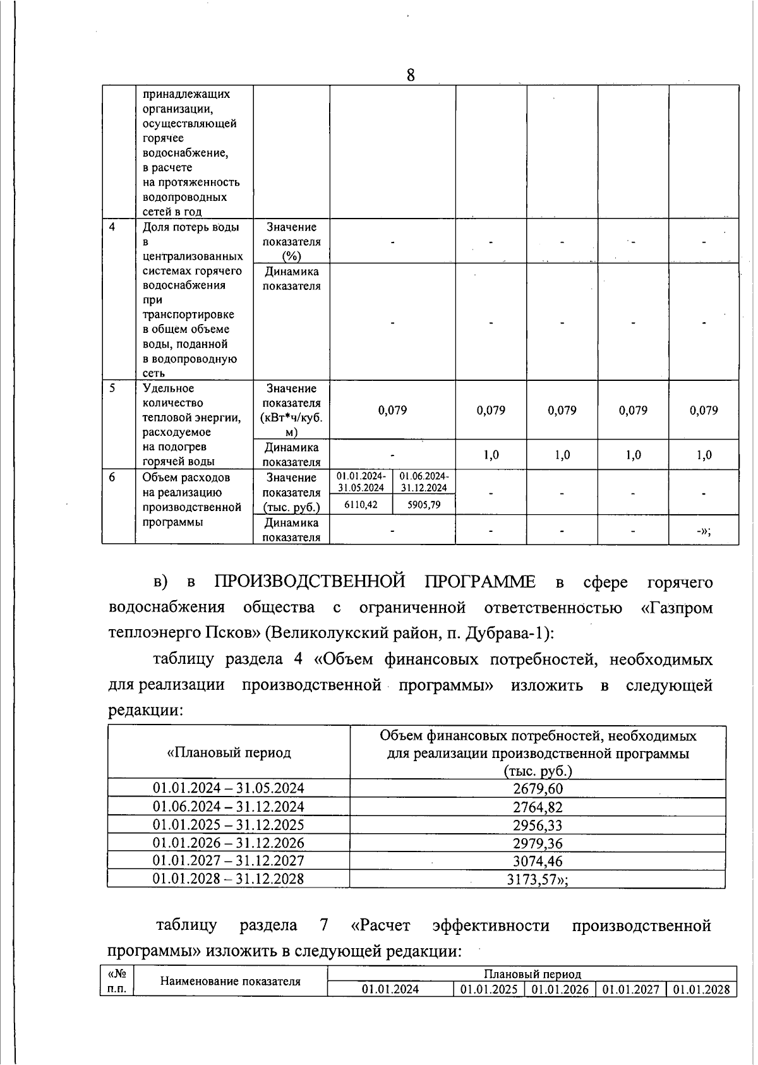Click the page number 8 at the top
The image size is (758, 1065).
[x=410, y=76]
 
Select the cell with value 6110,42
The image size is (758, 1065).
[x=361, y=505]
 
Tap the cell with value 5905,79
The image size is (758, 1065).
[x=424, y=505]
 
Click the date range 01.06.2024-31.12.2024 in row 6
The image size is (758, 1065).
[x=424, y=481]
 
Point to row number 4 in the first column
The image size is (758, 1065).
[x=112, y=227]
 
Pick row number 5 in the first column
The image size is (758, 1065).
[x=112, y=388]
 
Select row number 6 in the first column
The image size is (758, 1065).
[x=112, y=478]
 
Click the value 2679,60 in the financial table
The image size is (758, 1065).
[x=538, y=788]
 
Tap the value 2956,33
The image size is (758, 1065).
[x=538, y=825]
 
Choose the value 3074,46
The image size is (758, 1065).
[x=538, y=861]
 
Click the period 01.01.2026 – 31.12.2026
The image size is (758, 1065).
[x=229, y=843]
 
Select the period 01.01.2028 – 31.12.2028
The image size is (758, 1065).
[x=229, y=879]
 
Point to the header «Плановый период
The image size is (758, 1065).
[x=229, y=753]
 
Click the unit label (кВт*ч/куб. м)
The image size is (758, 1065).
[x=291, y=424]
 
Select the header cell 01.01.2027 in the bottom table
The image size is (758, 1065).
[x=631, y=990]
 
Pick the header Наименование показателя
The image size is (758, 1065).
[x=231, y=981]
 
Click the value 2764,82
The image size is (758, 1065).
[x=538, y=807]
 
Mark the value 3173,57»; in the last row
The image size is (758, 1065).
[x=538, y=879]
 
